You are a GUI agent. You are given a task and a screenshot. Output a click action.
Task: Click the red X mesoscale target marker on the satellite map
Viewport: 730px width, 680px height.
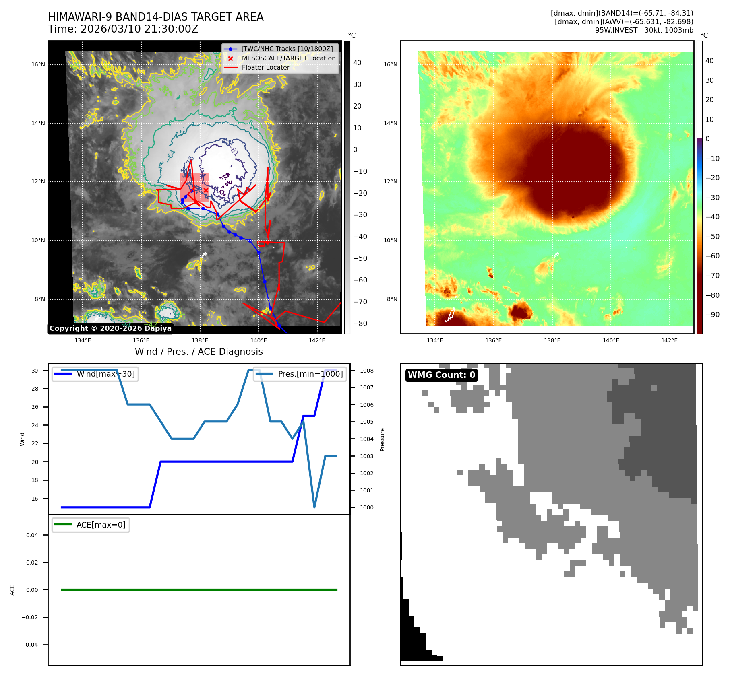point(206,190)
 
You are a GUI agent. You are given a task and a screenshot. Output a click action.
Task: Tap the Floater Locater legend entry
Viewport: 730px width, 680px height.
point(265,67)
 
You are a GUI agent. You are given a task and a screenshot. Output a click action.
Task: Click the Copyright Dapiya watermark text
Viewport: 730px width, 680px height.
point(110,328)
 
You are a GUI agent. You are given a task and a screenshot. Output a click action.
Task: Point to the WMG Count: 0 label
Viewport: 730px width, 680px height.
point(441,375)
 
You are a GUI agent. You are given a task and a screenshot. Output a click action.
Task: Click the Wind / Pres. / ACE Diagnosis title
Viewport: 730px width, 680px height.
point(199,352)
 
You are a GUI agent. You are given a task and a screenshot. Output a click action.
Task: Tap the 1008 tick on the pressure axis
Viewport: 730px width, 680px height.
point(366,371)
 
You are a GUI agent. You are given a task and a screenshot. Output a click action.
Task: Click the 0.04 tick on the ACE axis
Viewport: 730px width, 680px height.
point(32,535)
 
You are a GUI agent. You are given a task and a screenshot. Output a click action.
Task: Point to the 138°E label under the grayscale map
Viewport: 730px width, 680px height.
point(200,340)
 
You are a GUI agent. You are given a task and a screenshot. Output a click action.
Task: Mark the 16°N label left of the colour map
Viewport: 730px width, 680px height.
point(390,64)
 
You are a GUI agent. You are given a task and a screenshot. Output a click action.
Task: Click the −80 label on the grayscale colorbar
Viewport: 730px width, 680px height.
point(360,323)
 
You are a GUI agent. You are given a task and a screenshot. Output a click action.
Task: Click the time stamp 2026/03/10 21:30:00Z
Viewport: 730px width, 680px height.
point(139,29)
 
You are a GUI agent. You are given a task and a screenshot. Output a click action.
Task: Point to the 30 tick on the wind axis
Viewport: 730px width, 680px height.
point(35,371)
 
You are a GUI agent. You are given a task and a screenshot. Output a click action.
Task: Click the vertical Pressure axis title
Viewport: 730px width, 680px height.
point(382,439)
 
